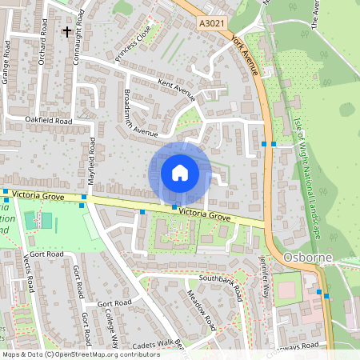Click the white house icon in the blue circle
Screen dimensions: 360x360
[x=180, y=173]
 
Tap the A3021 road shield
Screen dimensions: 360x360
[x=212, y=26]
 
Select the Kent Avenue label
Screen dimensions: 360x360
[x=177, y=89]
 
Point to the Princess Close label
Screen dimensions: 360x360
[x=133, y=49]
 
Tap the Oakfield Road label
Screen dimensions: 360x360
[x=49, y=121]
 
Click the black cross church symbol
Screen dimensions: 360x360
[x=66, y=32]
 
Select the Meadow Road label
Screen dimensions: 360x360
[x=203, y=310]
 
